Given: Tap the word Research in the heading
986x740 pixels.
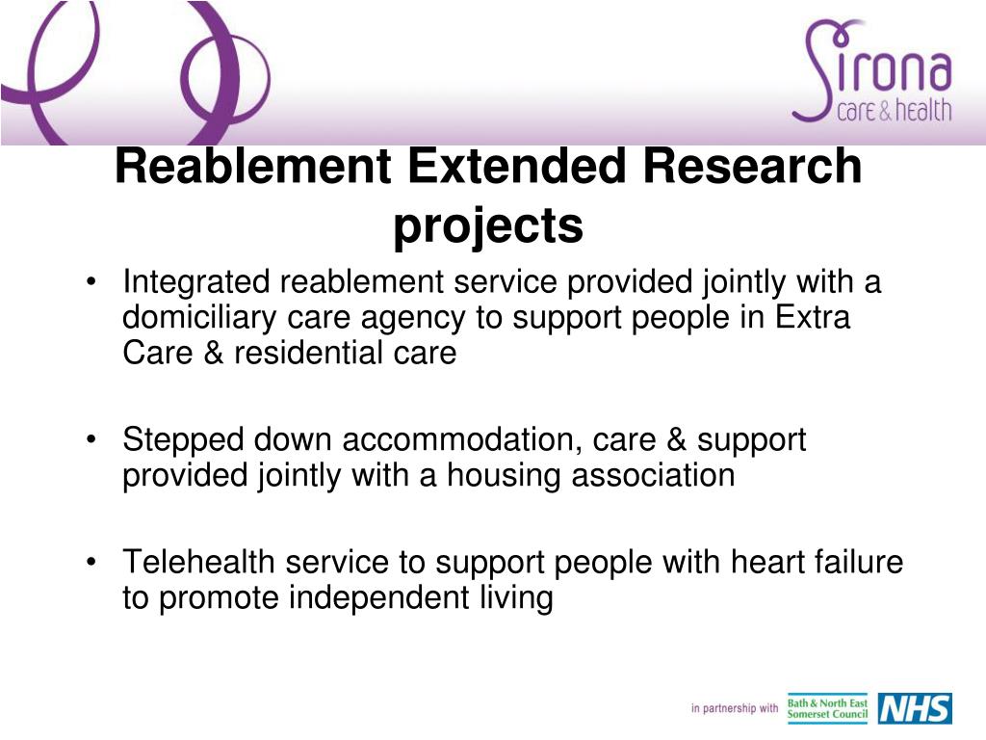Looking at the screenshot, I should click(752, 167).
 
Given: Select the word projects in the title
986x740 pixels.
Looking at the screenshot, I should click(488, 226).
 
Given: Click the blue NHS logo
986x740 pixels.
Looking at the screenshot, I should click(914, 708).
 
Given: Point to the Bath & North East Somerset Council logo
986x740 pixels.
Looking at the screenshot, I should click(827, 708).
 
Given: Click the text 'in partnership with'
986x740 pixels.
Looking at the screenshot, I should click(734, 709).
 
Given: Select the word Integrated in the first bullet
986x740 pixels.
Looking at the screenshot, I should click(196, 282).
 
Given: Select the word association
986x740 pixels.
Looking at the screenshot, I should click(654, 475).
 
